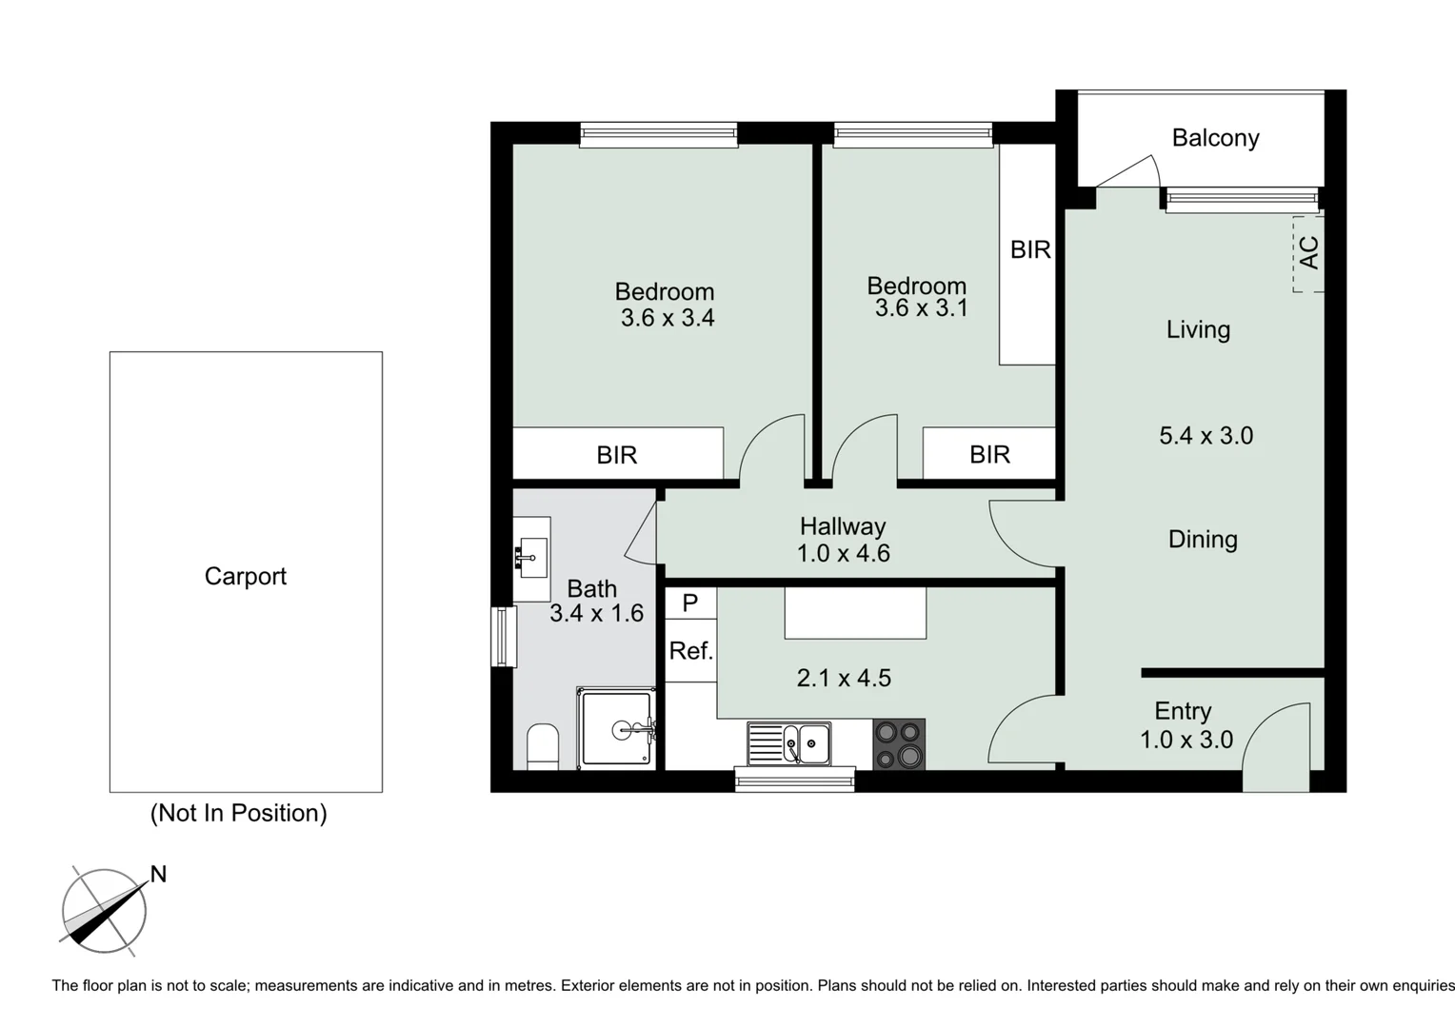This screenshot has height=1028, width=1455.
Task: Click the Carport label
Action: click(x=245, y=576)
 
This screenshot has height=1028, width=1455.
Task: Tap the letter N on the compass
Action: click(x=158, y=874)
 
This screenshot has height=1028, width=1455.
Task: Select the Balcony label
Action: click(x=1215, y=138)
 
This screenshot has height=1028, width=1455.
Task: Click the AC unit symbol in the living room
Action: click(x=1308, y=253)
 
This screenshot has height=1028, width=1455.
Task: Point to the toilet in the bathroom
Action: click(x=543, y=746)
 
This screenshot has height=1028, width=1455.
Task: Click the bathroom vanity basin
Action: click(x=531, y=558)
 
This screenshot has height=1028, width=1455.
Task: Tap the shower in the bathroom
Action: click(x=617, y=729)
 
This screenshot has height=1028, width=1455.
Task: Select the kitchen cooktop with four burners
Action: click(x=899, y=743)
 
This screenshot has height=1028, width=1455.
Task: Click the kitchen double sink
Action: click(x=788, y=743)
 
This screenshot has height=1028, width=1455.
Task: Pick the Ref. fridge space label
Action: click(x=690, y=651)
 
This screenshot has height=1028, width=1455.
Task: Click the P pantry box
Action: click(x=690, y=603)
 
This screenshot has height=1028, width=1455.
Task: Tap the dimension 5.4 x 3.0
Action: click(x=1206, y=436)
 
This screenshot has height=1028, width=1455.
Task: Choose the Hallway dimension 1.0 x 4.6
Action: click(x=843, y=553)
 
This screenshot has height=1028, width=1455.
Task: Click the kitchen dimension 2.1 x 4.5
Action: click(x=844, y=678)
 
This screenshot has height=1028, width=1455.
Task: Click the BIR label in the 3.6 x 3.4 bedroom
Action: click(x=617, y=455)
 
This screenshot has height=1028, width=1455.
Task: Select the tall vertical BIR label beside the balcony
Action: click(x=1030, y=249)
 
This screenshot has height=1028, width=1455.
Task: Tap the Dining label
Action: click(x=1203, y=540)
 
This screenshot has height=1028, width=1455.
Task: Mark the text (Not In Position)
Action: click(x=238, y=813)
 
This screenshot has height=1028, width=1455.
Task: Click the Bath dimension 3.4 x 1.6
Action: click(x=596, y=613)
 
